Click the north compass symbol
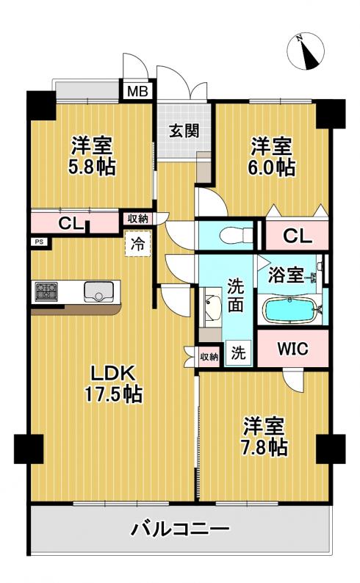[x=306, y=51]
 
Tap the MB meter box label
[x=137, y=91]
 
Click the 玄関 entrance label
[x=184, y=131]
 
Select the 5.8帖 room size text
[x=91, y=167]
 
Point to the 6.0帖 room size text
[x=272, y=167]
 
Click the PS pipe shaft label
[x=39, y=242]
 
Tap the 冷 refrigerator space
[x=137, y=244]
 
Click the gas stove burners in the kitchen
[x=47, y=291]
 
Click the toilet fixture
[x=236, y=235]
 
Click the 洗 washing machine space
[x=238, y=352]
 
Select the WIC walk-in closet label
[x=292, y=349]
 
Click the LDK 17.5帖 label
[x=113, y=384]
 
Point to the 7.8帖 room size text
[x=264, y=447]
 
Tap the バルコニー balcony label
[x=179, y=529]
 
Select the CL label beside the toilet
[x=298, y=236]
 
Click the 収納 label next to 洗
[x=209, y=357]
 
